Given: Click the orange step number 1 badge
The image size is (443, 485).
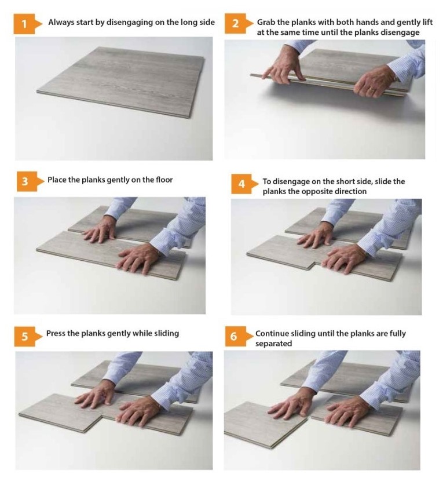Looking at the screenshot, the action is point(27,24).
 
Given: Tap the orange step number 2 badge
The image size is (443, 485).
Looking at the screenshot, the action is point(239,24).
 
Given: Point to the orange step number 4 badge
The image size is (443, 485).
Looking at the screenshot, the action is point(244,184).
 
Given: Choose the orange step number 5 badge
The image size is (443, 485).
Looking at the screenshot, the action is point(28,336).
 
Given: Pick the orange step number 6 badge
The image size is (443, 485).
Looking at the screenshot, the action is point(239,336).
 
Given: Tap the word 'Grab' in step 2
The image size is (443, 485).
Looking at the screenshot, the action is point(266,22).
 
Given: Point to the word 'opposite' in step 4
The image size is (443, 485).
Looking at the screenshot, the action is point(318,192).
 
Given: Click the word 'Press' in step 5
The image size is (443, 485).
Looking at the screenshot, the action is point(56,333).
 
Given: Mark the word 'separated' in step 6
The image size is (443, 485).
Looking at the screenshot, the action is point(273,344).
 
